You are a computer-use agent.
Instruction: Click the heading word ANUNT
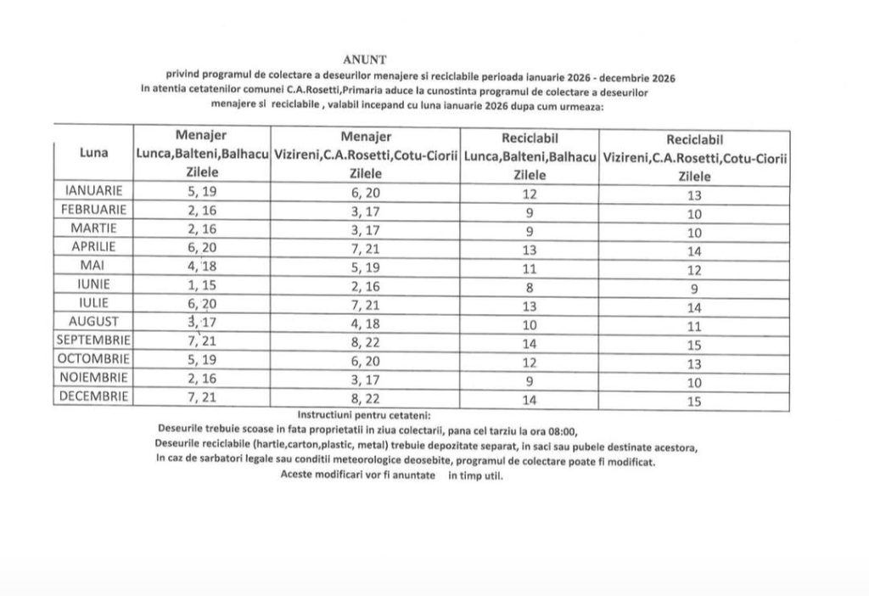364,59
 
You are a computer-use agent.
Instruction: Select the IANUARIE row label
94,191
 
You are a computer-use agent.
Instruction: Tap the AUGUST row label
94,321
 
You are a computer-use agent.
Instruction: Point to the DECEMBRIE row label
94,396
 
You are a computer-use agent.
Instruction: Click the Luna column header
93,153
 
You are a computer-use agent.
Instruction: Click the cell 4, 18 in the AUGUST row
366,323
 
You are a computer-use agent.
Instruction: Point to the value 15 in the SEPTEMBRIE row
694,345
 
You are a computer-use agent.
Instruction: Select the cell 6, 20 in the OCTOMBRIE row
366,360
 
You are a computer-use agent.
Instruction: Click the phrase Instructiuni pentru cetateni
364,415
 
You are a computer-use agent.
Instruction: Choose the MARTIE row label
94,228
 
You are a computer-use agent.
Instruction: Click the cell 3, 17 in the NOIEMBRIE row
366,379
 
